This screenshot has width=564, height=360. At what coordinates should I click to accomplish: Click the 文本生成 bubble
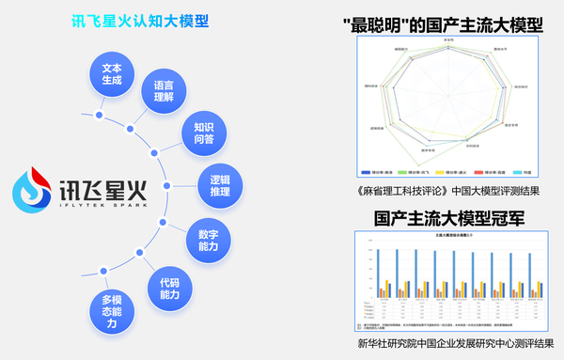pyautogui.click(x=112, y=72)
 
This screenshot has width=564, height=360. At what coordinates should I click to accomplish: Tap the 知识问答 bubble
pyautogui.click(x=204, y=133)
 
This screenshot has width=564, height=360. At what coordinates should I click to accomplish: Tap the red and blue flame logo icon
pyautogui.click(x=31, y=191)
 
